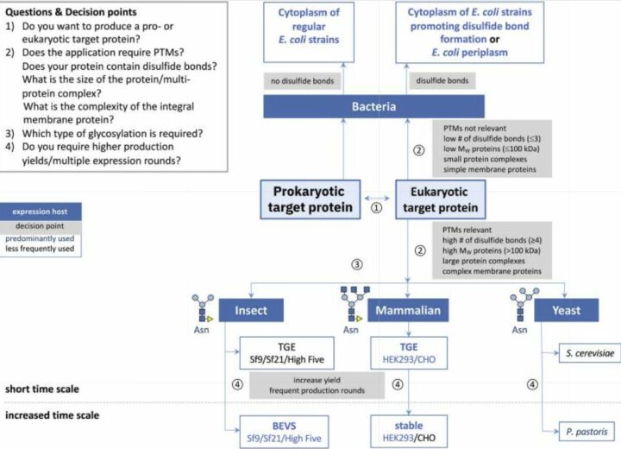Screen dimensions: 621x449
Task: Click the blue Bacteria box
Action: pos(373,106)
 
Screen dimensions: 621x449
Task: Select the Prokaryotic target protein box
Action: pos(310,199)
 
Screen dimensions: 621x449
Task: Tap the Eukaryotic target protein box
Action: pos(441,199)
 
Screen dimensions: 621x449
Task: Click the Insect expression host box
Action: pos(251,310)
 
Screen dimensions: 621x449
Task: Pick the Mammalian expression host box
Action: pos(408,310)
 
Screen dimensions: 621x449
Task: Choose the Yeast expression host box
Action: pos(567,310)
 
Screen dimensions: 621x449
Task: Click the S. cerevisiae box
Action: pos(590,353)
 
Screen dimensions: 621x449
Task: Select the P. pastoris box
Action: pos(586,432)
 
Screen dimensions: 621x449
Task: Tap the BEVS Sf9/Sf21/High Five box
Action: pos(284,432)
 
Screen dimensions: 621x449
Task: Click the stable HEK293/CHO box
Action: pos(409,432)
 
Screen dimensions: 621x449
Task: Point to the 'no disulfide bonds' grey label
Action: pos(302,81)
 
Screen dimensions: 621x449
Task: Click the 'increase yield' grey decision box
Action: pos(317,385)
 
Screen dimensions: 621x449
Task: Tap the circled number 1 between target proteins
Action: pos(376,208)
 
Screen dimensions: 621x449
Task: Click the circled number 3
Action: pos(357,264)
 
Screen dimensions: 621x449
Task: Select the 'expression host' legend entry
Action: pos(40,212)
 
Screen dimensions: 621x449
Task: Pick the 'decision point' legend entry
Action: pos(40,226)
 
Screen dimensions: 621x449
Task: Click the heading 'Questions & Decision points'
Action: pos(71,12)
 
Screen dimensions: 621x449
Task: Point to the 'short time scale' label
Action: pos(42,389)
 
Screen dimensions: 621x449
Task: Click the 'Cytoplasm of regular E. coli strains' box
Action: pos(309,32)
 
